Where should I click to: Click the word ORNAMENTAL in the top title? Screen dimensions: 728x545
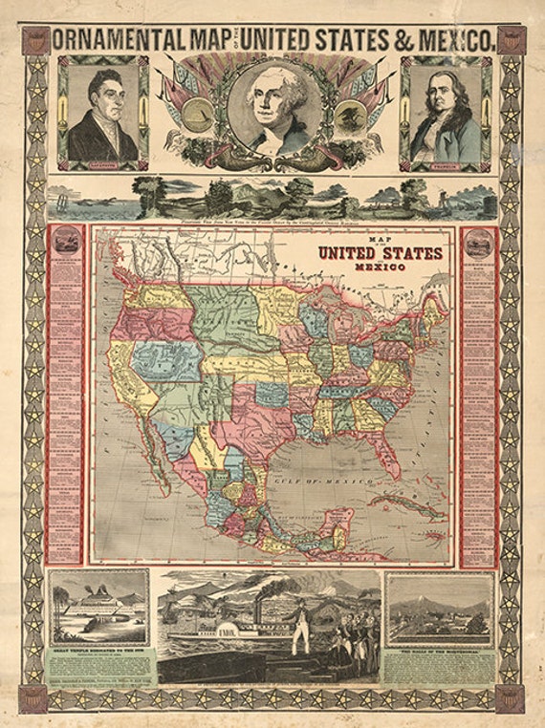pos(122,39)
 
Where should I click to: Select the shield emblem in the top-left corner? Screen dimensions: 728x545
pos(35,39)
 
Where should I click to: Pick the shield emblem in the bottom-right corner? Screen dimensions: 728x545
pos(510,697)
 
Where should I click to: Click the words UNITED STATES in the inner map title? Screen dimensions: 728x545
pos(380,253)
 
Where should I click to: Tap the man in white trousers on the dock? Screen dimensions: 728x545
pos(298,630)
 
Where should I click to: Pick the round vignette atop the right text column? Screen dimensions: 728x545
pos(477,246)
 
